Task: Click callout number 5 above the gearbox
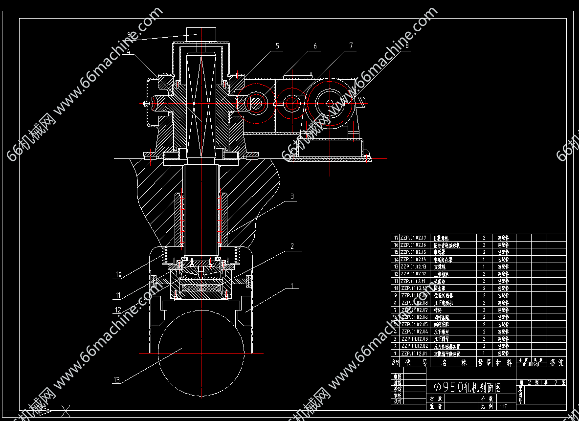(x=277, y=46)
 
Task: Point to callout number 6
(x=315, y=46)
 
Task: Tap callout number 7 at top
(x=351, y=46)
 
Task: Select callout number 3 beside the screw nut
(x=292, y=197)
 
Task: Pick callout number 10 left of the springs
(x=118, y=274)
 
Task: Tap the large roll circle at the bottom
(x=201, y=353)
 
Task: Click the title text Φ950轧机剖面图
(x=468, y=387)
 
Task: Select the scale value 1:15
(x=503, y=406)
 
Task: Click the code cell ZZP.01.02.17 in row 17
(x=414, y=238)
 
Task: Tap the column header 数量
(x=485, y=363)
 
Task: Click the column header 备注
(x=557, y=363)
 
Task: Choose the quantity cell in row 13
(x=484, y=266)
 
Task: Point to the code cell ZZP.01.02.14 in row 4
(x=414, y=332)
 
